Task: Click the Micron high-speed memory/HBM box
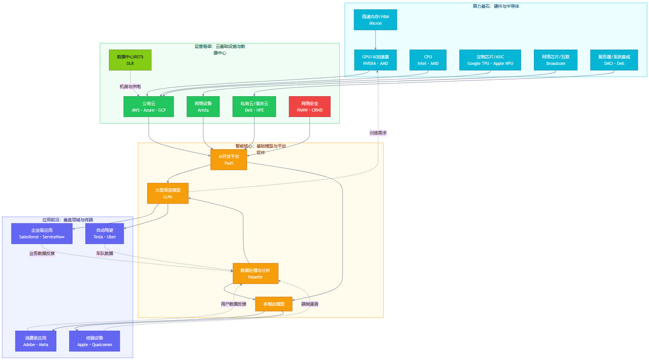point(375,20)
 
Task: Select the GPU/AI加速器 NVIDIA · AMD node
point(375,60)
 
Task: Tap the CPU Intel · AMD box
point(428,60)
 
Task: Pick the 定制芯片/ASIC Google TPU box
point(490,60)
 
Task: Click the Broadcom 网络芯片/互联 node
point(556,60)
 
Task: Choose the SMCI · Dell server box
point(614,60)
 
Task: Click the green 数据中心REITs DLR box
point(130,60)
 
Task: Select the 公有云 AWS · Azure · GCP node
point(148,107)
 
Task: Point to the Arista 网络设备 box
point(203,107)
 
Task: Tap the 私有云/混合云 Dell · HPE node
point(254,107)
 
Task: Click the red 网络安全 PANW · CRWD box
point(309,107)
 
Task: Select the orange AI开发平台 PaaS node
point(229,160)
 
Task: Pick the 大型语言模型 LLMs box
point(168,193)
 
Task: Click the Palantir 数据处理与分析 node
point(255,273)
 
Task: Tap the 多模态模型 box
point(274,304)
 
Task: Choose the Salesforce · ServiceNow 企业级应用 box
point(42,233)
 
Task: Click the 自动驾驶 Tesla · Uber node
point(104,233)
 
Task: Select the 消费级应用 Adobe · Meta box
point(36,341)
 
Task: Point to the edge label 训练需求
point(378,133)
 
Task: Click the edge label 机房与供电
point(130,87)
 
